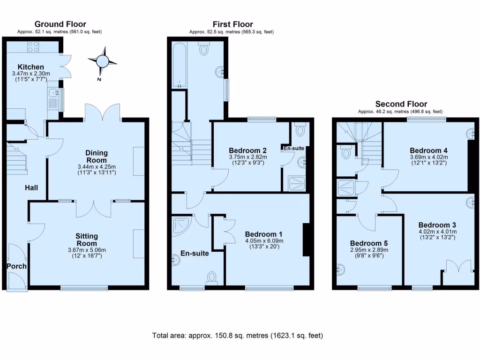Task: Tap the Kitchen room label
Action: click(31, 67)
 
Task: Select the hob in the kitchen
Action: click(33, 46)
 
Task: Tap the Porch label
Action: click(16, 266)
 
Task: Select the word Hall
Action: click(32, 188)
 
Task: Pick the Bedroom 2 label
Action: click(248, 150)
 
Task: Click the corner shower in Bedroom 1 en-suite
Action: click(180, 225)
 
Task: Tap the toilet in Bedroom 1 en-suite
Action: click(212, 277)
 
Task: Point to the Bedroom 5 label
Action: click(369, 243)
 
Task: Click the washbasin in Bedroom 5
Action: click(340, 270)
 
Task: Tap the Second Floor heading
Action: click(401, 104)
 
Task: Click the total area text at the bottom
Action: click(238, 336)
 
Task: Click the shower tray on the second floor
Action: click(346, 187)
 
